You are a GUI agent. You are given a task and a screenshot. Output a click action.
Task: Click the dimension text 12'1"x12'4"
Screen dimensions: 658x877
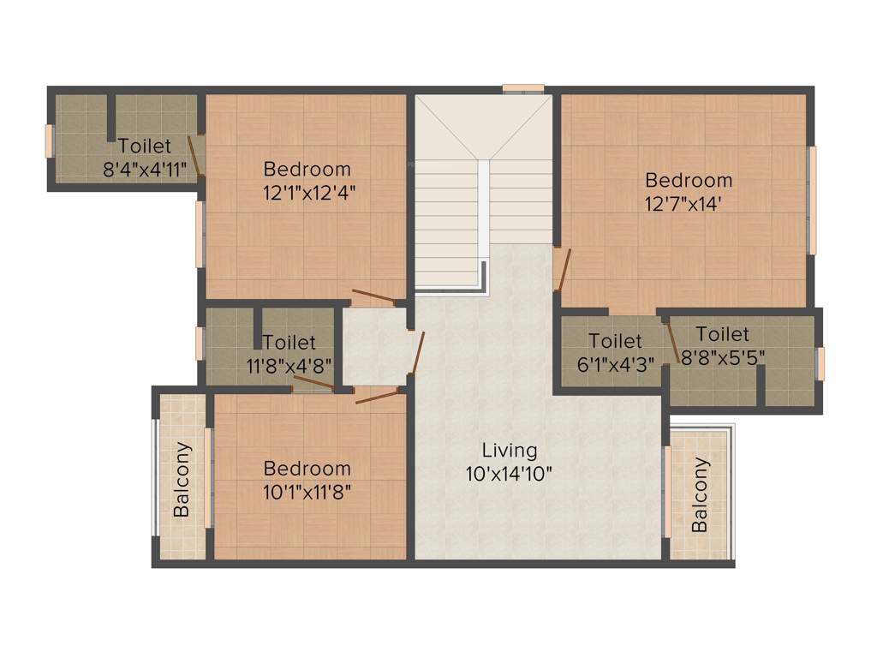(307, 193)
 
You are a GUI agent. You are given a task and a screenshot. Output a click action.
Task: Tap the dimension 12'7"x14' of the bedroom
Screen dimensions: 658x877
(689, 204)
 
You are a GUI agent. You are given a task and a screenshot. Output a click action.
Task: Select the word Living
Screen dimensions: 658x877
(510, 450)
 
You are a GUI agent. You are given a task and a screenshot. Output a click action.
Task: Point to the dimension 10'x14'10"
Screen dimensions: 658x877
(510, 472)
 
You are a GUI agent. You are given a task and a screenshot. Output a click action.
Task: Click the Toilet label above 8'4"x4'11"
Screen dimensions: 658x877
(145, 147)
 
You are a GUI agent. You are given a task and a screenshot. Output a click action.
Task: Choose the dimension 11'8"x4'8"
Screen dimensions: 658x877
(289, 365)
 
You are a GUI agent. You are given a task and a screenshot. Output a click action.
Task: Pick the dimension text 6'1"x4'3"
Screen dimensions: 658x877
(616, 364)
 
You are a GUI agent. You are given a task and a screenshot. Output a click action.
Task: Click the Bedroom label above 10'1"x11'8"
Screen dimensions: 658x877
(307, 469)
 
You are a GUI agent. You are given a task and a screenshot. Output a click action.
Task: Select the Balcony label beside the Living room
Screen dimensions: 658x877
(701, 495)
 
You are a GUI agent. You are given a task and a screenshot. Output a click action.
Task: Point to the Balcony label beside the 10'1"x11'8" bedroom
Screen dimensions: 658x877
(182, 480)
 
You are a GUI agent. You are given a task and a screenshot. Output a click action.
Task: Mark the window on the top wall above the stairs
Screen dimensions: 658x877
(523, 87)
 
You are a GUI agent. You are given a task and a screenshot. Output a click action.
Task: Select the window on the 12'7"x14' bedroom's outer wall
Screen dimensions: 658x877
(813, 200)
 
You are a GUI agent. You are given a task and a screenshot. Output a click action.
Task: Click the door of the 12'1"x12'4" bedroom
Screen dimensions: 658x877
(373, 299)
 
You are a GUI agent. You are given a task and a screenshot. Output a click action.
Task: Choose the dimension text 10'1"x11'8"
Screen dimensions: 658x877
(307, 492)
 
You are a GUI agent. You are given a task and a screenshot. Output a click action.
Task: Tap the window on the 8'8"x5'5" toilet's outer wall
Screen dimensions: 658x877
(819, 363)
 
